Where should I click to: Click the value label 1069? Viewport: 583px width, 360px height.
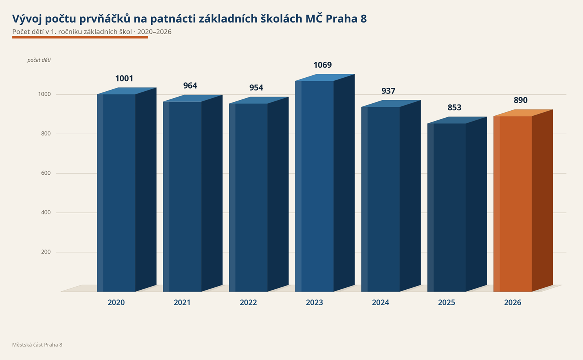[323, 65]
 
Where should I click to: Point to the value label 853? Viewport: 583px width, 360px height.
[454, 108]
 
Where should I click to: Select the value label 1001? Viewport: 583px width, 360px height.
[124, 78]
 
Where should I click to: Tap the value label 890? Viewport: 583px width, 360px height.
[520, 100]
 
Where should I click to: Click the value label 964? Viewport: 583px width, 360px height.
[190, 85]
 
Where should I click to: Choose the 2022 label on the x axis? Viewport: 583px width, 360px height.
[248, 303]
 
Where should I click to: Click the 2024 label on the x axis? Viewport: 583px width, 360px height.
[381, 303]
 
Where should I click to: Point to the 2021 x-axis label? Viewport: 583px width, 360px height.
[182, 303]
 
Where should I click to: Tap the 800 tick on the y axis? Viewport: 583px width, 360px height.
[46, 134]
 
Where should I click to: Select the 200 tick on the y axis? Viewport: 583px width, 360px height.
[46, 252]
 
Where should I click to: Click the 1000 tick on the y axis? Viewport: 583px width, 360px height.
[45, 94]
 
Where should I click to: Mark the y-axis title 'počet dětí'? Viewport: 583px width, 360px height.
[39, 60]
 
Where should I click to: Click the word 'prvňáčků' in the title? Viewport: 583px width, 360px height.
[105, 19]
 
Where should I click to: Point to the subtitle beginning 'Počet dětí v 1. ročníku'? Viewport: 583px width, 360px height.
[92, 32]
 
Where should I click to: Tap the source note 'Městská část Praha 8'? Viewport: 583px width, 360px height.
[37, 344]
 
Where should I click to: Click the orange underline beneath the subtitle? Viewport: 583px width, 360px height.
[80, 37]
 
